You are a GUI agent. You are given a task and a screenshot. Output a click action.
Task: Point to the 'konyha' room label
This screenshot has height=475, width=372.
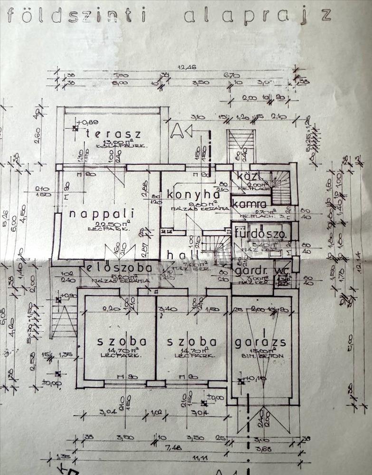[x=193, y=194]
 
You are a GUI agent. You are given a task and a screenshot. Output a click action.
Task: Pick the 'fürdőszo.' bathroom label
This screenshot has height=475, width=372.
[x=260, y=235]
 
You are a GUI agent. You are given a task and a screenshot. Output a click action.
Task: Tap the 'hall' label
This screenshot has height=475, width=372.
[x=176, y=256]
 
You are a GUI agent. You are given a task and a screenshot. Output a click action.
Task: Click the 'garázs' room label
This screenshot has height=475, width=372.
[x=259, y=342]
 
